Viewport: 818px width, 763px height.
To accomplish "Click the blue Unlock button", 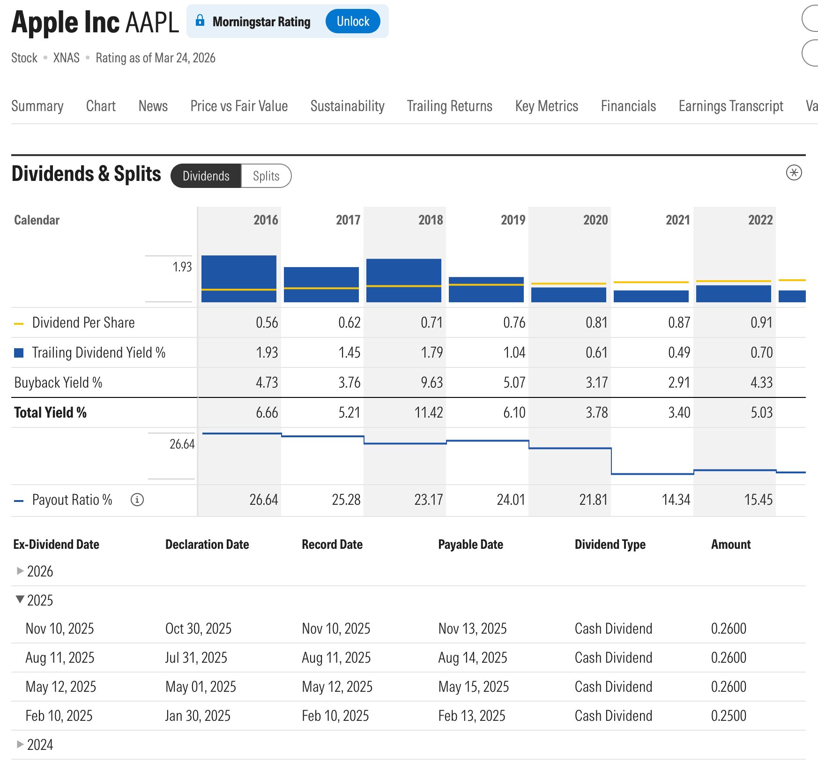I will (x=352, y=22).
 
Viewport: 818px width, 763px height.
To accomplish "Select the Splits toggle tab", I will (x=266, y=176).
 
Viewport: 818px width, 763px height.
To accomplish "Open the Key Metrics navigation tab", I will (x=546, y=106).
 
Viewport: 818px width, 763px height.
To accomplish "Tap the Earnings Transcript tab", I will (x=730, y=106).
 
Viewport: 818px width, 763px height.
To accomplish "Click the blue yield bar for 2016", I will (x=239, y=278).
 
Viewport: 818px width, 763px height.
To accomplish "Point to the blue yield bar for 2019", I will (x=486, y=290).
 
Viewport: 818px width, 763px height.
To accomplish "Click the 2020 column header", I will (x=595, y=220).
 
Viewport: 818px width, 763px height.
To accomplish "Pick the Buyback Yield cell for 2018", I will (x=431, y=382).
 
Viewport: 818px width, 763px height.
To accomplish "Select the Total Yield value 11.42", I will (x=428, y=412).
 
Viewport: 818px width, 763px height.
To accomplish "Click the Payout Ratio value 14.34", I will (x=676, y=500).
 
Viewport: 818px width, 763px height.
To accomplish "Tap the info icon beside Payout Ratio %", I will (x=137, y=500).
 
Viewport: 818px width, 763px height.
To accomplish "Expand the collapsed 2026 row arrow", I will (x=20, y=571).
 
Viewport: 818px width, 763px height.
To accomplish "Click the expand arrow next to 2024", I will (x=20, y=744).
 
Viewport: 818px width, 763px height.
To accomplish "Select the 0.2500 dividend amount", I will (x=729, y=716).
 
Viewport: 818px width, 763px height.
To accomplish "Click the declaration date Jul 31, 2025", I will (x=196, y=658).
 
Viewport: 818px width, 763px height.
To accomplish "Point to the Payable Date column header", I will (x=470, y=545).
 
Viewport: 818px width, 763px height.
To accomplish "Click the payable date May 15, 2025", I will (x=473, y=687).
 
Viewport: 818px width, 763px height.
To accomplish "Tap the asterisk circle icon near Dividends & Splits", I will (x=794, y=172).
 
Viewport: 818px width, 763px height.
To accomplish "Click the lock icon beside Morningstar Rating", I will (x=200, y=20).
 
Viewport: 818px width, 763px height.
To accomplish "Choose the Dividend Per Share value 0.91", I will (x=761, y=322).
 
